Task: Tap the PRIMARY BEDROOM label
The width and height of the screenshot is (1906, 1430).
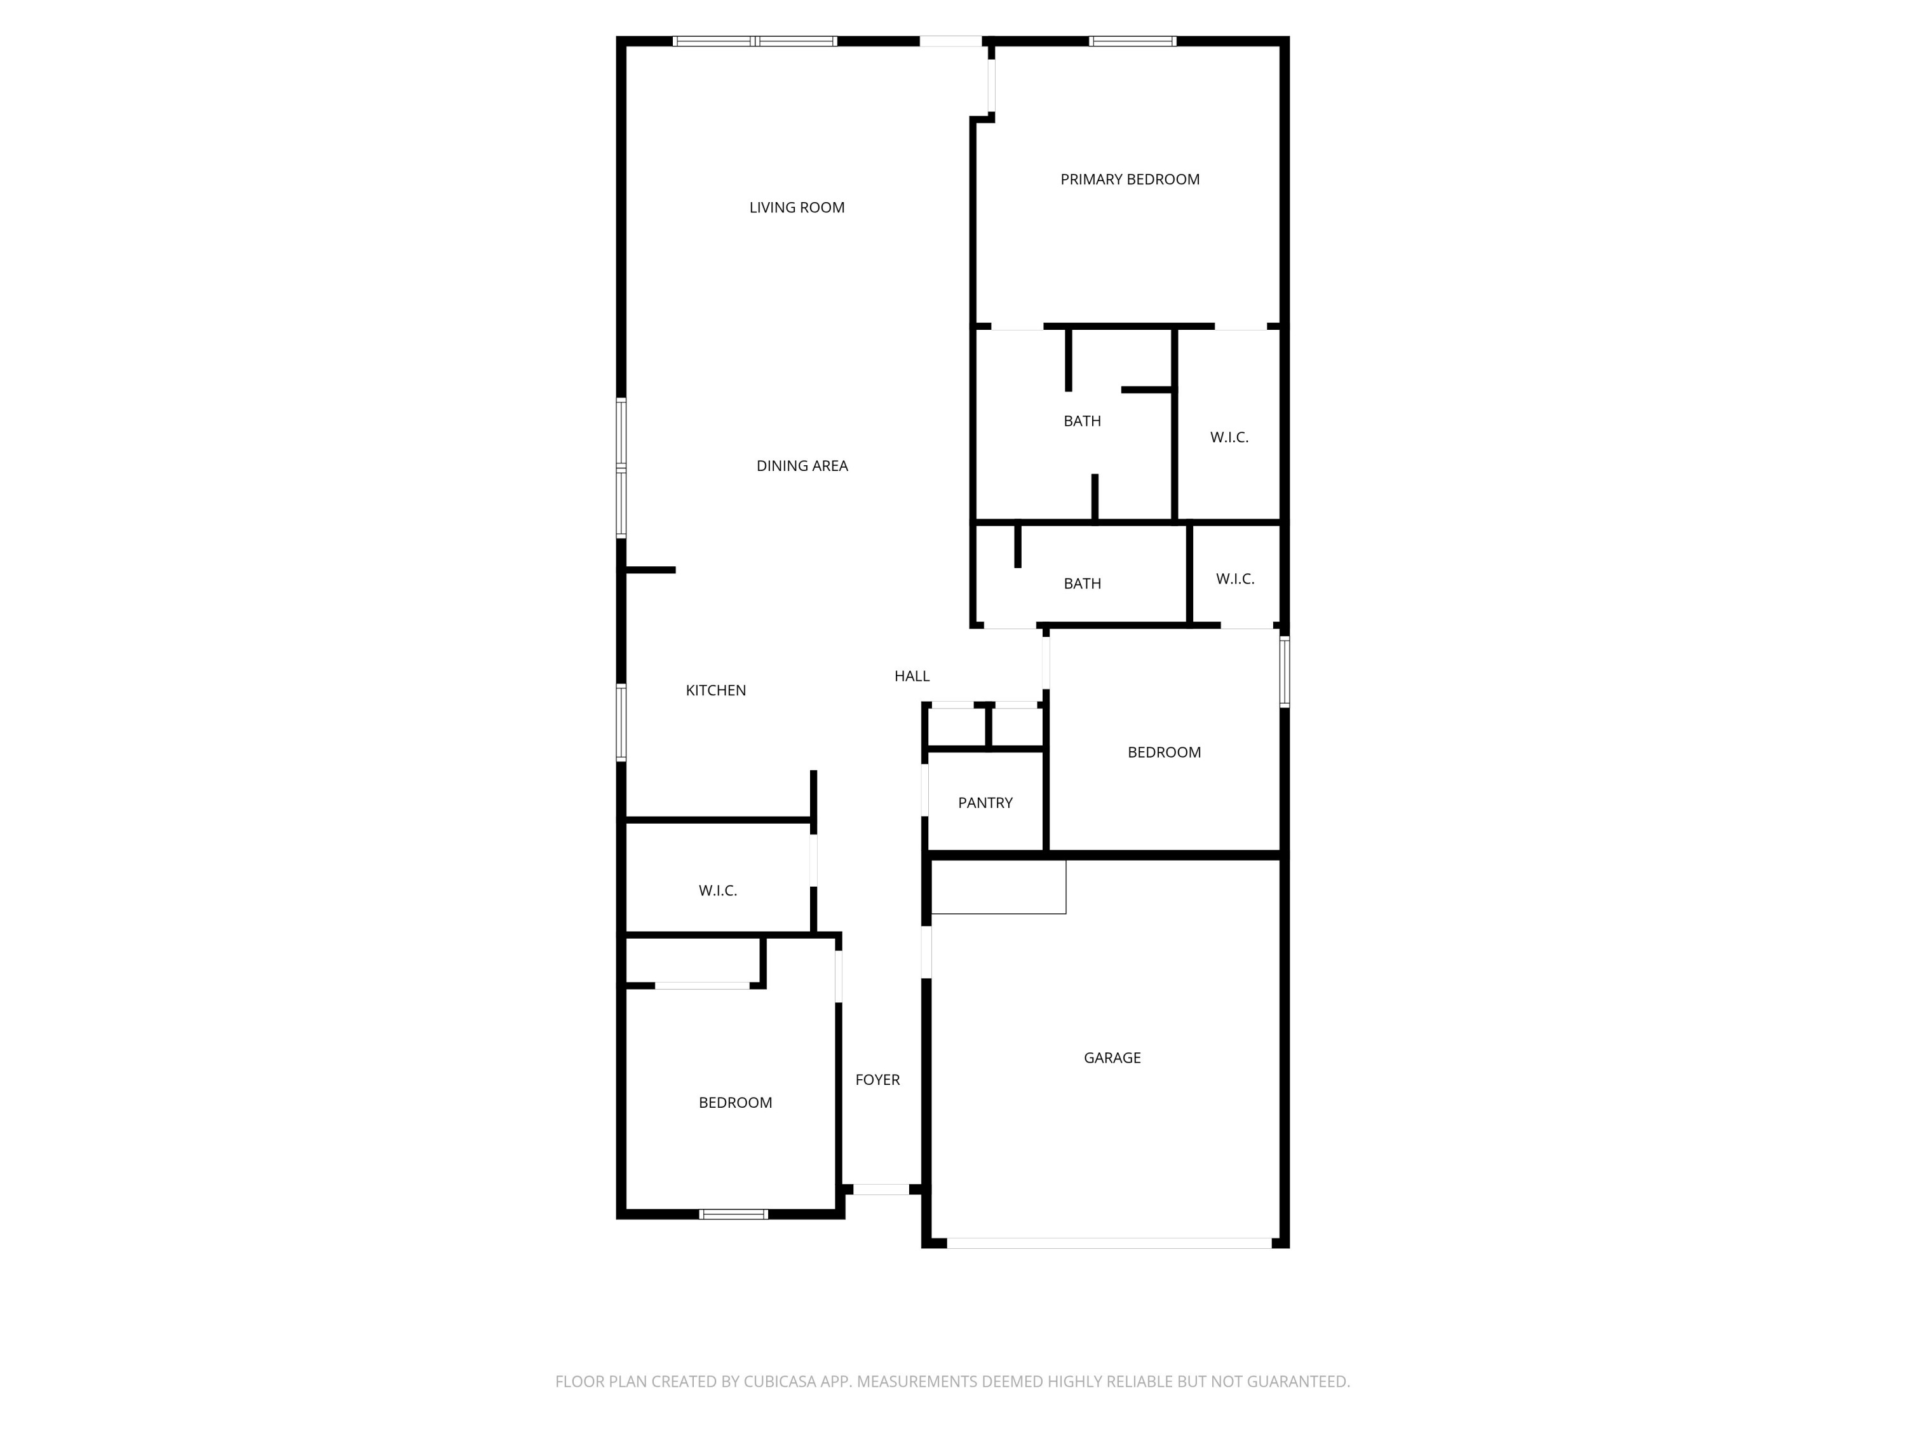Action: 1129,179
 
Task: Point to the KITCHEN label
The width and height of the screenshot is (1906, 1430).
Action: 715,690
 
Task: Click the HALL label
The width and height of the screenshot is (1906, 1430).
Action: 911,677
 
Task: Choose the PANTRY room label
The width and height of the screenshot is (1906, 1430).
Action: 985,803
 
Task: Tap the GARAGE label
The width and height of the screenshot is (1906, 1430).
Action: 1112,1058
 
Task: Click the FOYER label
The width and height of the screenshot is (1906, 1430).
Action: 877,1080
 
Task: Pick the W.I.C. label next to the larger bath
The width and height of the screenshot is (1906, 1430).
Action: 1229,438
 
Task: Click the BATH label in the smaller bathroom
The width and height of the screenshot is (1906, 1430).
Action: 1081,585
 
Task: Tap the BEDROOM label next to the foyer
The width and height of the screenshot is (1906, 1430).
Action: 734,1103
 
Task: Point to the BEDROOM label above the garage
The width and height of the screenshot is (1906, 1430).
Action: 1163,752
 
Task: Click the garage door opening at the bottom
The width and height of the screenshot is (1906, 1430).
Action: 1108,1243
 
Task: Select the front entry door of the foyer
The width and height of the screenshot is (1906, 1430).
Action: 880,1190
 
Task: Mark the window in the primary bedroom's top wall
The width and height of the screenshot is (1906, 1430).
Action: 1132,41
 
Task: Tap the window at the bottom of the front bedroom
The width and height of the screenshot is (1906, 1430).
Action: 733,1215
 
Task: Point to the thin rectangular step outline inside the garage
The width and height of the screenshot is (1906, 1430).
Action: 998,887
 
